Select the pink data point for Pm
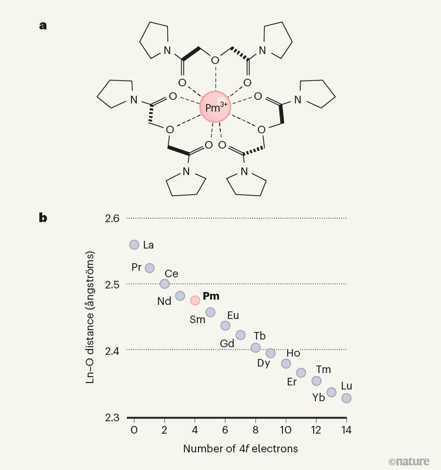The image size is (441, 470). click(x=195, y=300)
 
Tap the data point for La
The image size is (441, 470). click(x=134, y=244)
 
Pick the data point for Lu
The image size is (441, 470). click(x=346, y=398)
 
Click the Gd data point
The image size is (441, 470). click(x=240, y=335)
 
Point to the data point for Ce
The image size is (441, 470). click(x=164, y=284)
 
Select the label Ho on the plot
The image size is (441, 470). click(x=293, y=353)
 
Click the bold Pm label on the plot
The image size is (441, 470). click(x=211, y=296)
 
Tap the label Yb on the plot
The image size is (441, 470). click(x=318, y=398)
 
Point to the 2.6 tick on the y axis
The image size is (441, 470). click(x=112, y=219)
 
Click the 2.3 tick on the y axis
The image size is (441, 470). click(x=112, y=418)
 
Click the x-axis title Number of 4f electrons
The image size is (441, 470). click(x=240, y=449)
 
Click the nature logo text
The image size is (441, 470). click(x=409, y=461)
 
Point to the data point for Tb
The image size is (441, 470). click(x=255, y=347)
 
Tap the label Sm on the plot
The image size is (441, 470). click(x=197, y=320)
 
